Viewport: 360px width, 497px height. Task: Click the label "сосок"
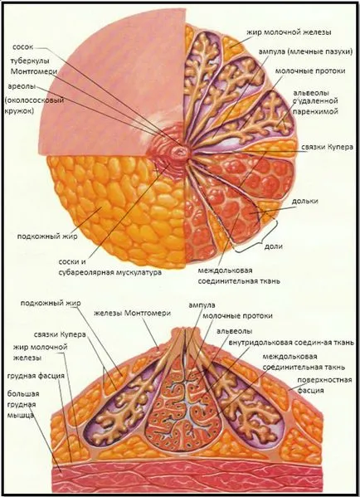(x=22, y=47)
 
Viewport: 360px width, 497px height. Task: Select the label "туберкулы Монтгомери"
(x=34, y=66)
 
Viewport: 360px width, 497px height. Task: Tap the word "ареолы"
(x=22, y=86)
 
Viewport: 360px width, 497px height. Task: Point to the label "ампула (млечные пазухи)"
(x=305, y=52)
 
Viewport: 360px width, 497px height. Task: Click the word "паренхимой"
(x=315, y=111)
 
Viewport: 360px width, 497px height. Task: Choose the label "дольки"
(x=305, y=202)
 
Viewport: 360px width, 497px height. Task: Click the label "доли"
(x=274, y=246)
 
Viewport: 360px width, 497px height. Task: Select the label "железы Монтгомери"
(x=133, y=313)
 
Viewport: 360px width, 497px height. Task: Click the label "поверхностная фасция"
(x=324, y=385)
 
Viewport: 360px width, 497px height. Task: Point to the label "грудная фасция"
(x=36, y=376)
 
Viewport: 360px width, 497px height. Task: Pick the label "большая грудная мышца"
(x=23, y=404)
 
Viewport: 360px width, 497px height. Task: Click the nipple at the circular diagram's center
(x=180, y=153)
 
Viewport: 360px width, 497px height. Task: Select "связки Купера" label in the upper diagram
(x=327, y=148)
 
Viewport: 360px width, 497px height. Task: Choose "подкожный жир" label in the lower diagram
(x=51, y=303)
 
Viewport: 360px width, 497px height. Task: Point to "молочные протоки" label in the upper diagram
(x=310, y=71)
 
